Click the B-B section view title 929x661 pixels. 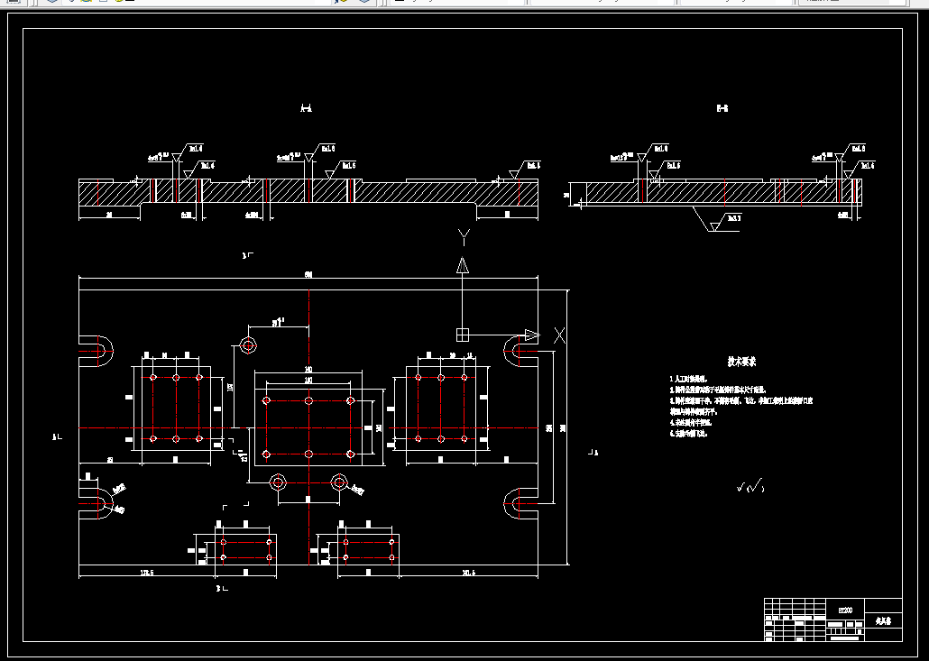coord(722,109)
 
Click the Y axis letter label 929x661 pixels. coord(463,237)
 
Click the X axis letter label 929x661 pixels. coord(559,335)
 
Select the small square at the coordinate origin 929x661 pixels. coord(463,335)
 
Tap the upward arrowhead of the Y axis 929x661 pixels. coord(463,265)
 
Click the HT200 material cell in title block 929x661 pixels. coord(845,610)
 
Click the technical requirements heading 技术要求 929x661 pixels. coord(742,362)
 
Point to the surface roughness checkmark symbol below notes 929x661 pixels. coord(750,487)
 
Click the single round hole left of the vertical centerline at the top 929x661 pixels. coord(248,344)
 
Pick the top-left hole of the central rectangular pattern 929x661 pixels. coord(265,400)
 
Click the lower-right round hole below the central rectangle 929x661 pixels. coord(338,482)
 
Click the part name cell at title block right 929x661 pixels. coord(882,621)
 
